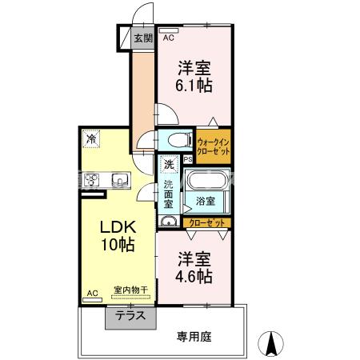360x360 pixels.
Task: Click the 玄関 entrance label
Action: (143, 38)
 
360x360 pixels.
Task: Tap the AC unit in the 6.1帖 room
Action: (168, 30)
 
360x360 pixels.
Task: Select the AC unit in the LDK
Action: (92, 300)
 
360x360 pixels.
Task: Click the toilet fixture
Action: (180, 139)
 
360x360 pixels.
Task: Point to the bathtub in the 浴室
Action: (206, 181)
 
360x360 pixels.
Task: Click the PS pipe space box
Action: (188, 159)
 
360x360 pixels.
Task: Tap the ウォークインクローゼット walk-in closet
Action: (214, 146)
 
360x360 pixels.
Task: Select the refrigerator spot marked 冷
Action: (91, 138)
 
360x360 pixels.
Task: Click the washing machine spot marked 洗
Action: (169, 164)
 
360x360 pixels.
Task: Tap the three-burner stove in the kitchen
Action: (91, 180)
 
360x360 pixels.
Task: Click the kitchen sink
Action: (120, 180)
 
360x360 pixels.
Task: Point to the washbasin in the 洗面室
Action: (168, 221)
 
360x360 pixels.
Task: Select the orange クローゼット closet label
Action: (206, 223)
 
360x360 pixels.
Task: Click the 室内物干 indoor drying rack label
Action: (130, 290)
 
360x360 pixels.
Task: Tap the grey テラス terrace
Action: (130, 318)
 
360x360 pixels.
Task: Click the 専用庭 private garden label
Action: (194, 337)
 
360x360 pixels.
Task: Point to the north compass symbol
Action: (271, 343)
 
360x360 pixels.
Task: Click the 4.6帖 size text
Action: (194, 277)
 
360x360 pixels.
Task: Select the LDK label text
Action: (118, 227)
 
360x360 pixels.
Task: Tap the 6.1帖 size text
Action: (194, 86)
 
